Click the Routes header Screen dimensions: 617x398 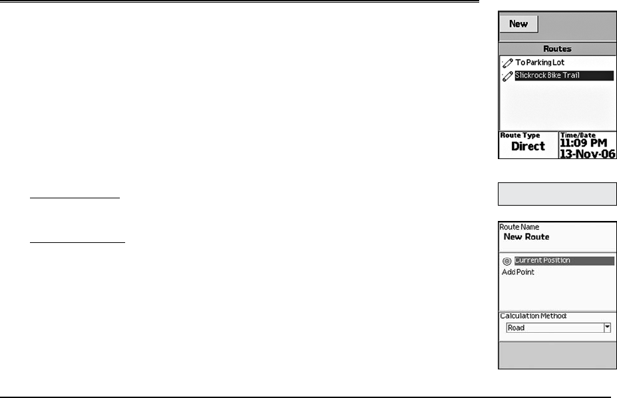[x=557, y=49]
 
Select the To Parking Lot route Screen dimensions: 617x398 [x=540, y=63]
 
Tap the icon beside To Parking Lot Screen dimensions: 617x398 [x=507, y=63]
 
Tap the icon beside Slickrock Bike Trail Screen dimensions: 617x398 [x=507, y=76]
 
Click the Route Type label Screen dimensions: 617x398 [x=520, y=135]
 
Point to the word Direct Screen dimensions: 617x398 [x=528, y=146]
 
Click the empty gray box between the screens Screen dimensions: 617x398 [x=557, y=194]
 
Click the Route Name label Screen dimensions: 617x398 [x=519, y=227]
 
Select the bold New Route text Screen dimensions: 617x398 [x=526, y=237]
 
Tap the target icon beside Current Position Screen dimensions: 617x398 [x=507, y=261]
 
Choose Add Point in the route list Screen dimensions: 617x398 [x=517, y=272]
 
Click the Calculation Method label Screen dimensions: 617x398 [x=533, y=315]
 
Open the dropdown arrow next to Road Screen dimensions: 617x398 [x=607, y=327]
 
